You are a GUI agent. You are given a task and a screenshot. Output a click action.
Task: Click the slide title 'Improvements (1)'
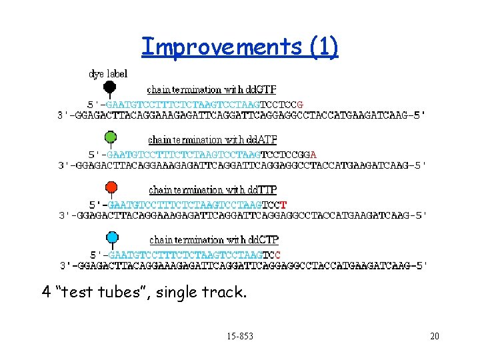pos(240,47)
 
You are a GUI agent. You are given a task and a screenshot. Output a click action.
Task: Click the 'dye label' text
pos(108,73)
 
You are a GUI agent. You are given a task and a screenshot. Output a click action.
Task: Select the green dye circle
pos(111,137)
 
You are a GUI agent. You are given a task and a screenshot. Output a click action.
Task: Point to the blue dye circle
pos(112,237)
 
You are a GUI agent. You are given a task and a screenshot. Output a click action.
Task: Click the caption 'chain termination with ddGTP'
pos(211,89)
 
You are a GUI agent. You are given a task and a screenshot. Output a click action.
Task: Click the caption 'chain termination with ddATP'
pos(213,140)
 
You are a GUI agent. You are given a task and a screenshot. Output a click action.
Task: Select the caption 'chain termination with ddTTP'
pos(213,190)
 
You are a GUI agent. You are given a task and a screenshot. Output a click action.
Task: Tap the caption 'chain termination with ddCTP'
pos(214,239)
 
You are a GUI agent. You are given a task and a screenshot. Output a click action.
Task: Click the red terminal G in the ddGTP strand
pos(301,105)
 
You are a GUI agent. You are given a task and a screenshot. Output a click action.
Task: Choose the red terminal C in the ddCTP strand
pos(278,255)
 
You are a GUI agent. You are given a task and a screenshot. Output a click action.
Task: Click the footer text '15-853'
pos(239,336)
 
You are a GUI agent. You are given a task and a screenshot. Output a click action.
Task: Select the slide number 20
pos(435,336)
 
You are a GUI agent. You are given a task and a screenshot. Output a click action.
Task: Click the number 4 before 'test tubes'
pos(46,291)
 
